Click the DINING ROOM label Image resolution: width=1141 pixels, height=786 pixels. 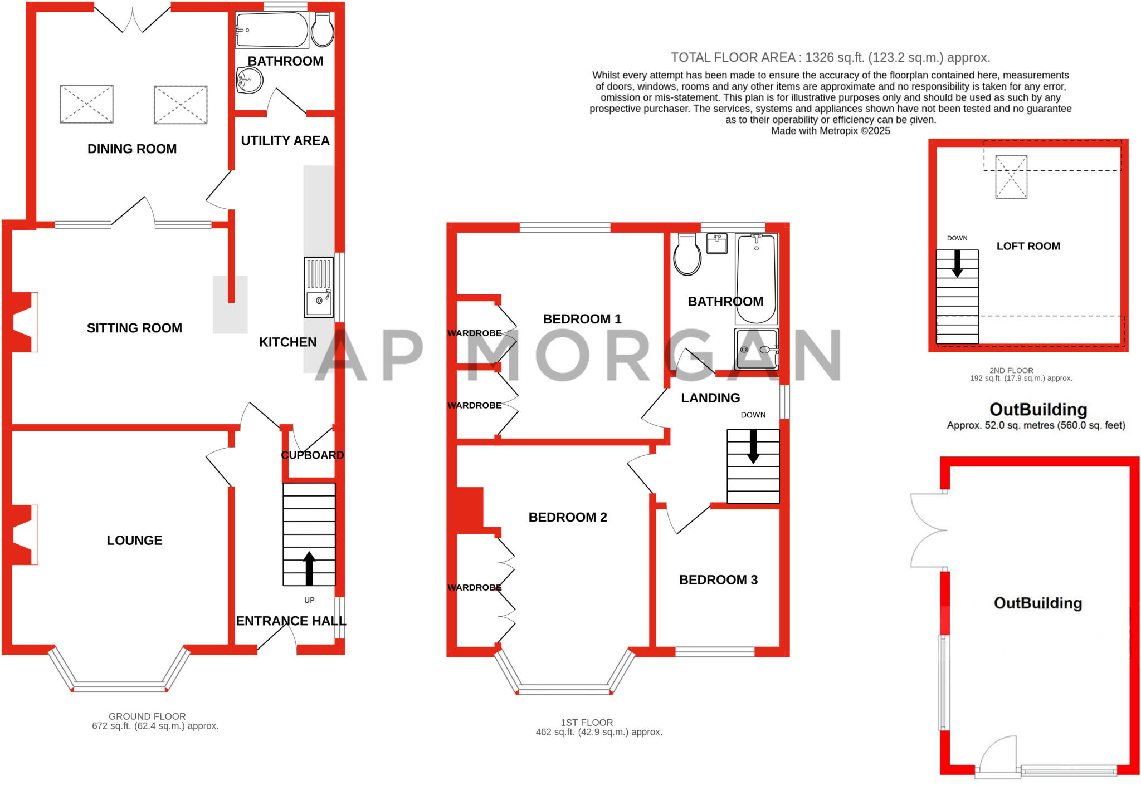[132, 149]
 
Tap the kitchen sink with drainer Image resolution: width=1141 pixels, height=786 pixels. [319, 287]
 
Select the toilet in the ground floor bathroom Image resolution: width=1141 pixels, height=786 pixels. [323, 30]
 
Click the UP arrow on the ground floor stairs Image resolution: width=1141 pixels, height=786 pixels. [309, 568]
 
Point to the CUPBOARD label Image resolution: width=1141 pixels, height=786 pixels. [312, 455]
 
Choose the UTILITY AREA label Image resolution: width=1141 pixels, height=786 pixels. [285, 140]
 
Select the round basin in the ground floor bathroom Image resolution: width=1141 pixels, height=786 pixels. [249, 80]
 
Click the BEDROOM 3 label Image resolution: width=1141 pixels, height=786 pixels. [718, 579]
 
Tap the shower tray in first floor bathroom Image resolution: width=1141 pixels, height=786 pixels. [756, 350]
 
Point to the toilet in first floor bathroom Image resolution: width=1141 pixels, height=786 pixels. [687, 255]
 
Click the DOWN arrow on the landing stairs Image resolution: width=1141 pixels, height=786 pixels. [753, 446]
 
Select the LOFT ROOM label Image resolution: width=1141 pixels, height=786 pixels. [1028, 246]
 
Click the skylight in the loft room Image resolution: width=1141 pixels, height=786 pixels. [1011, 177]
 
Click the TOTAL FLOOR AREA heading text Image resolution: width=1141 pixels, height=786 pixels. [830, 57]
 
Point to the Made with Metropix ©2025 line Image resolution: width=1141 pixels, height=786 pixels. [830, 131]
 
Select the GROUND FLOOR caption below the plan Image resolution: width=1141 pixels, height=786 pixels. [147, 716]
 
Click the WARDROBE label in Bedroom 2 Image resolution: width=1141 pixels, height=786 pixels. [474, 587]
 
